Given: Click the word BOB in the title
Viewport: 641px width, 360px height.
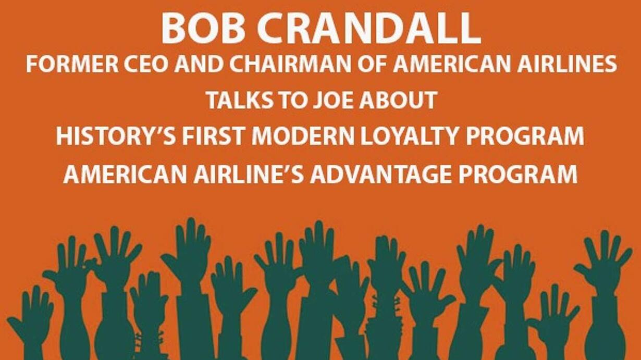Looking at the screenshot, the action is (x=203, y=28).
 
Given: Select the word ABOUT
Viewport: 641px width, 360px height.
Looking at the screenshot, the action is (x=398, y=101).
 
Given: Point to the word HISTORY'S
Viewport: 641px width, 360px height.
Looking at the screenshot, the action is (x=116, y=136).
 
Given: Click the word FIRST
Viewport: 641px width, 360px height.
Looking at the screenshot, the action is (x=214, y=136).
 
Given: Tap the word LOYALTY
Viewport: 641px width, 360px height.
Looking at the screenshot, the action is (x=410, y=136).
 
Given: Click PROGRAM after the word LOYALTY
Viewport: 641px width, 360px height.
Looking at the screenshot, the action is (x=525, y=136).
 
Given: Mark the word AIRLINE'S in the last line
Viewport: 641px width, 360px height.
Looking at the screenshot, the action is (x=249, y=175).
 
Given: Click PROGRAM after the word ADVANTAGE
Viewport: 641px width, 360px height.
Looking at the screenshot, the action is (x=518, y=175).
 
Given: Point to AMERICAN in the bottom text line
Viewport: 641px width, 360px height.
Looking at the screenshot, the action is (x=125, y=175).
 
